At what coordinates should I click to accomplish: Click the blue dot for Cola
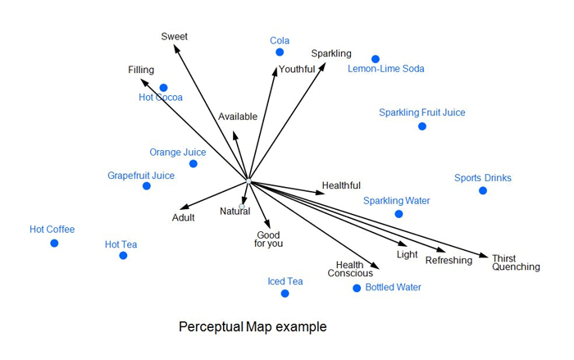point(280,52)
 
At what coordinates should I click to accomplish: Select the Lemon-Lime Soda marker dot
point(376,59)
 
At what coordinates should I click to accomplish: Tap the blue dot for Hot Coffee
point(54,243)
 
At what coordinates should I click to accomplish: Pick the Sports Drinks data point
point(483,190)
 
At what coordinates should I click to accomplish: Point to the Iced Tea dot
point(285,294)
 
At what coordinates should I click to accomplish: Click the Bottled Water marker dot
point(357,288)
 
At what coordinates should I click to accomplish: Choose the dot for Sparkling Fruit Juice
point(422,126)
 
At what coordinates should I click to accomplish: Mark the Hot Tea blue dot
point(123,256)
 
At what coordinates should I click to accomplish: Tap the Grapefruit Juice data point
point(147,186)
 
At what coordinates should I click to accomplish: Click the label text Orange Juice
point(178,153)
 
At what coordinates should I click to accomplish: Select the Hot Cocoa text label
point(161,98)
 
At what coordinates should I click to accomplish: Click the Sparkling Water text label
point(397,201)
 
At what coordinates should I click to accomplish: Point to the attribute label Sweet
point(175,36)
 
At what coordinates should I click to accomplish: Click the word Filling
point(141,71)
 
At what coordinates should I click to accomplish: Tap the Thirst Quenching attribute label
point(516,262)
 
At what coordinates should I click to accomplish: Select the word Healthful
point(341,185)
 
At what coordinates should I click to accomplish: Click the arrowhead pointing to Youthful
point(276,71)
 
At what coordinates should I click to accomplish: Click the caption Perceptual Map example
point(253,327)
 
